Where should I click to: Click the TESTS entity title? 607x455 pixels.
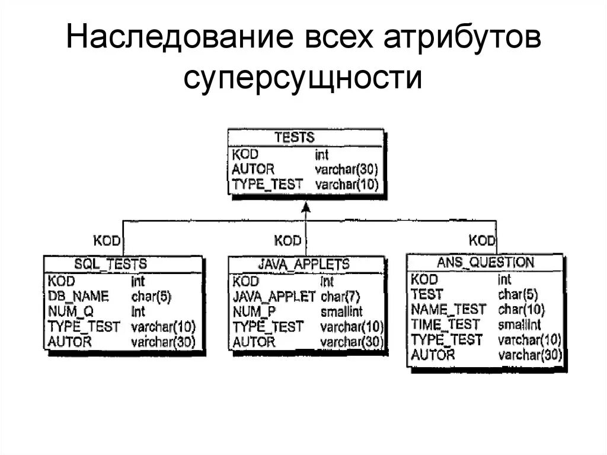294,138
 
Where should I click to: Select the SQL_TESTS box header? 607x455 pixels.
110,264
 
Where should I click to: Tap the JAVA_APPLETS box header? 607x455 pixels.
303,264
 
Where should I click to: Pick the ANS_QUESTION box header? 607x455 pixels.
485,262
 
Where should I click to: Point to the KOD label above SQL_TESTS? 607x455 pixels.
107,240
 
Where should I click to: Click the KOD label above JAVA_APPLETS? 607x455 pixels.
287,240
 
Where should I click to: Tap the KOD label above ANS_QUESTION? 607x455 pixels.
482,240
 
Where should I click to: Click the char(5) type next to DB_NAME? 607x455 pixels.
151,296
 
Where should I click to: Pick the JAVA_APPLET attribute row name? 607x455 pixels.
274,296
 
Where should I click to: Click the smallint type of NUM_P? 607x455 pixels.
341,311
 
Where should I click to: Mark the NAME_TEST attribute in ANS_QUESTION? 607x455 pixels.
448,309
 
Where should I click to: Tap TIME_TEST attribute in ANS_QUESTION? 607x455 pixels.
445,324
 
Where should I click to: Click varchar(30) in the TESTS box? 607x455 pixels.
347,169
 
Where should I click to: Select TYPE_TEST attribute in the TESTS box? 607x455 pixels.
268,184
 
